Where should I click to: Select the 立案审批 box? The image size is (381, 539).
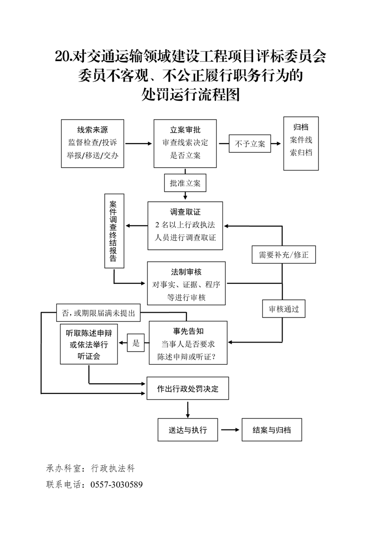[185, 143]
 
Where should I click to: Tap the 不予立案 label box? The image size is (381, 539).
[250, 144]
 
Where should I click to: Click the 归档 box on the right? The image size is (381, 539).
[301, 143]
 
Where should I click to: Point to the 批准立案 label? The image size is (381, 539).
[185, 183]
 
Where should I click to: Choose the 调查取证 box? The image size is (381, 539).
[185, 225]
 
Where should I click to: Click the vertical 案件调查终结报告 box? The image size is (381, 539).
[114, 231]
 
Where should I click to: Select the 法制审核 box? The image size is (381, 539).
[186, 283]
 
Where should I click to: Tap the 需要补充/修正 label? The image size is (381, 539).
[283, 255]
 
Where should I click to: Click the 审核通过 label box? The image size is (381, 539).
[283, 309]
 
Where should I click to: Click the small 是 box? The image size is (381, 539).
[136, 343]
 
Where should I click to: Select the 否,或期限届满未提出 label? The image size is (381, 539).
[98, 313]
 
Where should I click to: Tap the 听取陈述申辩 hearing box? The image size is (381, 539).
[89, 344]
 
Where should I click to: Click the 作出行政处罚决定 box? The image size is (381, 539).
[187, 389]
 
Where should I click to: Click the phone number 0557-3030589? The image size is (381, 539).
[116, 484]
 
